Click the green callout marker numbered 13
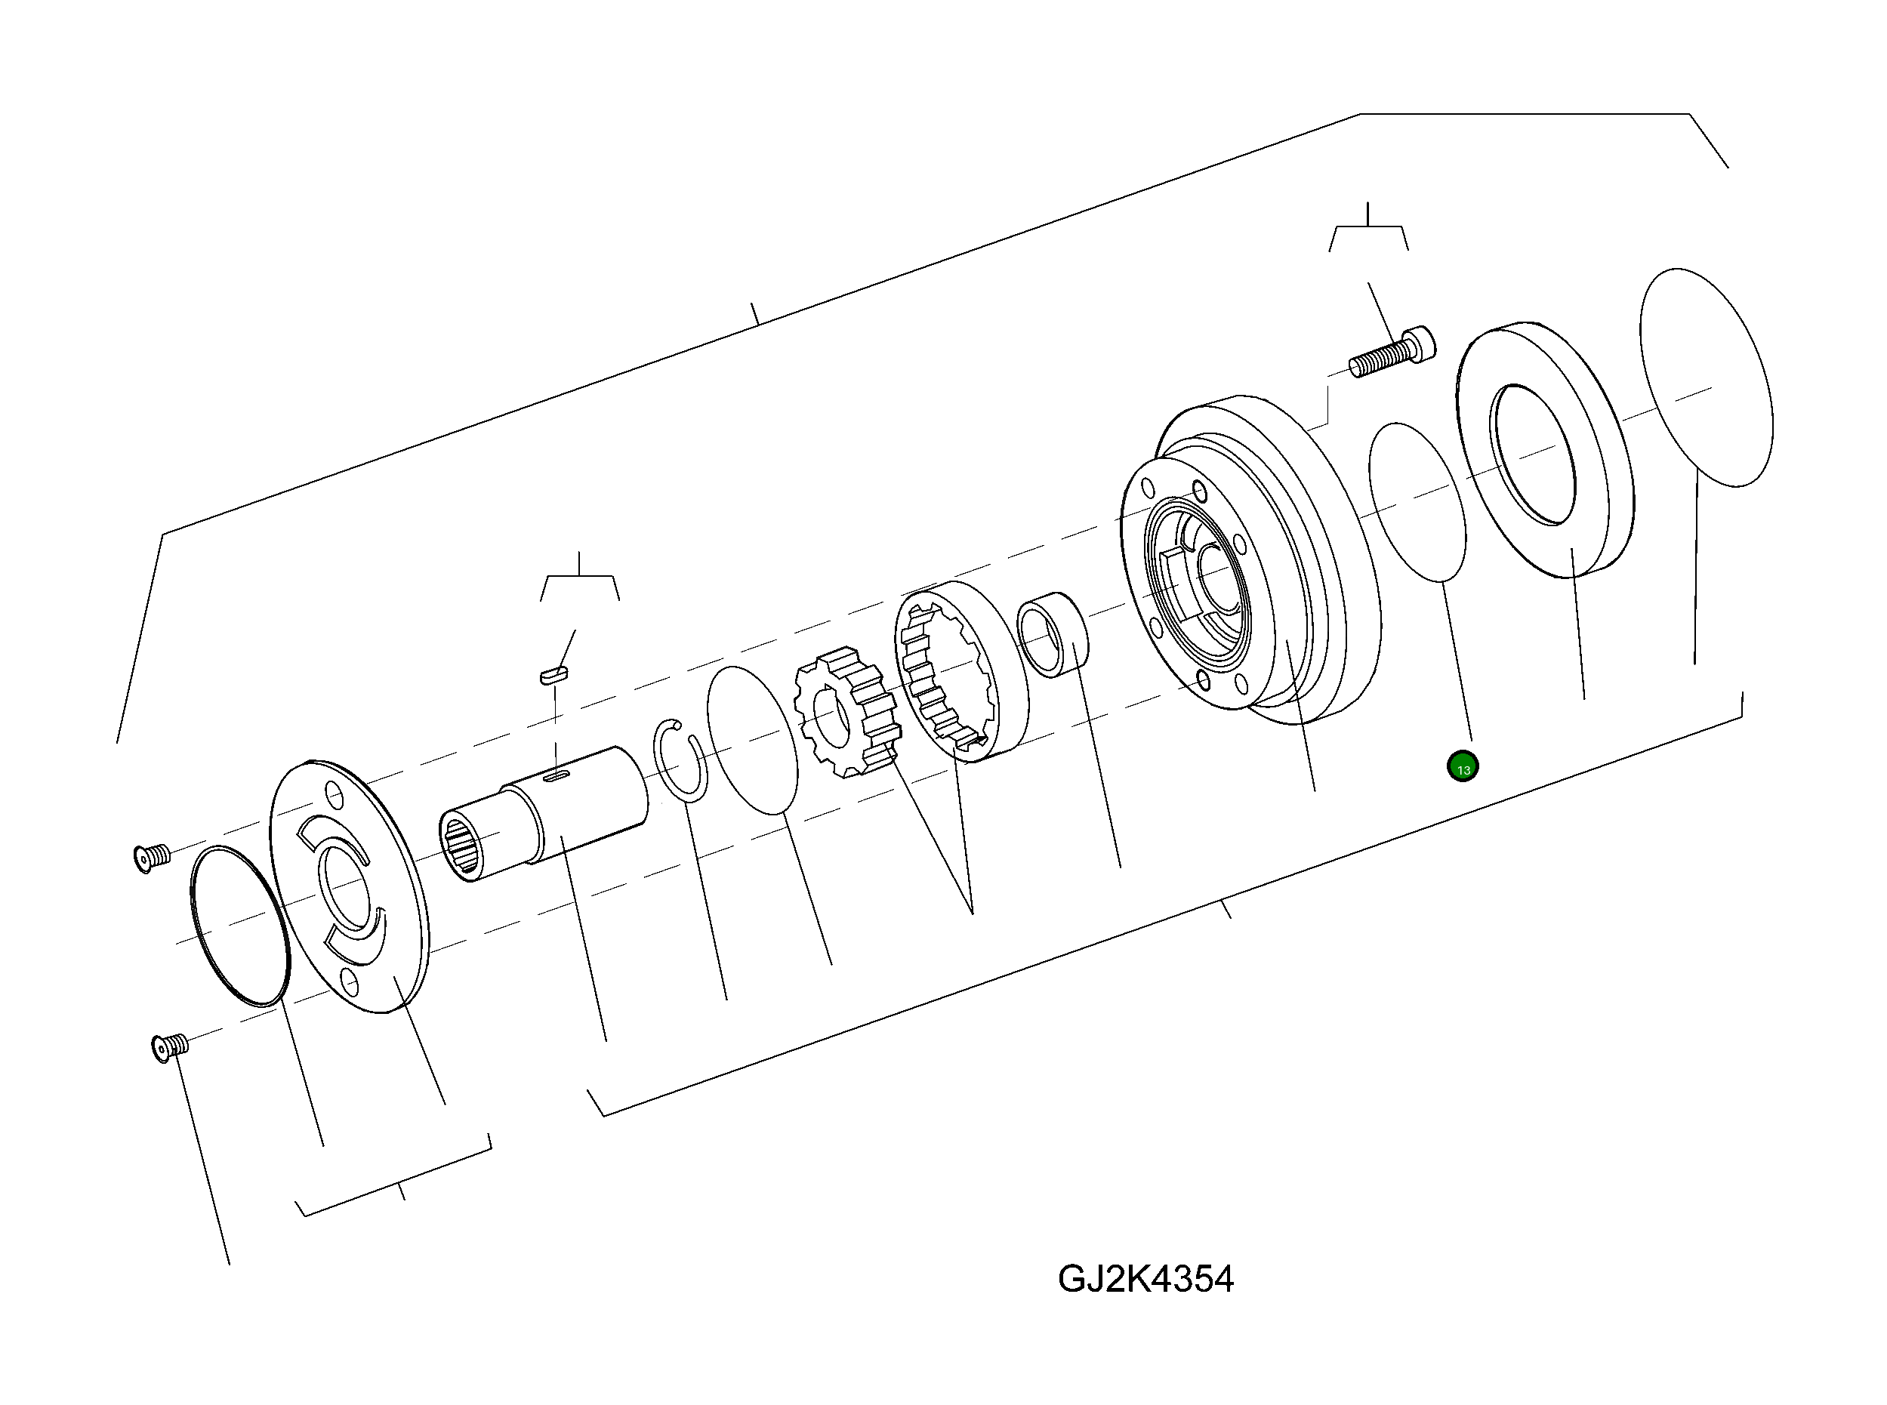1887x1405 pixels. click(x=1463, y=766)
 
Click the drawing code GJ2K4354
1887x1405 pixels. click(x=1145, y=1278)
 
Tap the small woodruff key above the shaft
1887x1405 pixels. click(x=554, y=674)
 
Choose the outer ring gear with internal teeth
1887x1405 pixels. click(x=961, y=672)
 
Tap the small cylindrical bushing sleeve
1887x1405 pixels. click(x=1052, y=634)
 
